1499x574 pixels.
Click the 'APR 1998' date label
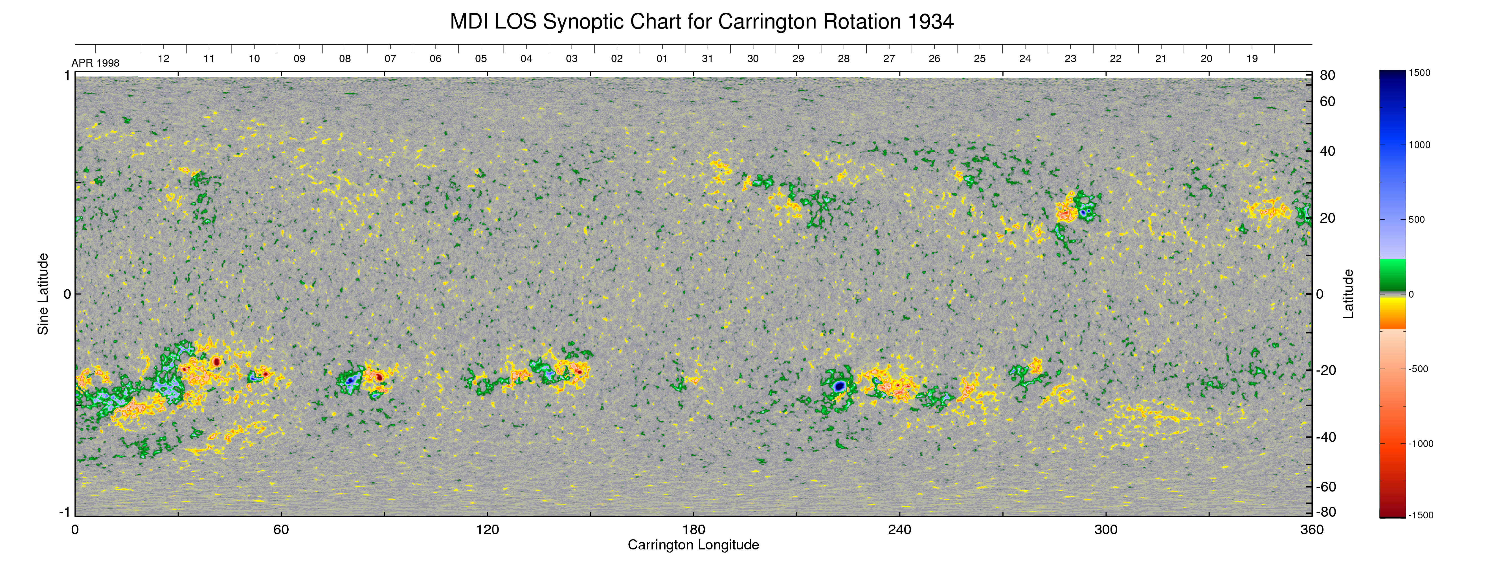point(95,63)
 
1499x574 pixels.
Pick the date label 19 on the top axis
point(1252,59)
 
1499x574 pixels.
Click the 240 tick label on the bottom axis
point(900,530)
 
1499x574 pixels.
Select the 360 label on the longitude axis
point(1312,530)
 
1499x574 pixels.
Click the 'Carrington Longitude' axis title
point(693,545)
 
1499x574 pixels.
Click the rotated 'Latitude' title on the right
point(1348,294)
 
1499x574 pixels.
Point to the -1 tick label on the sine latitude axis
point(65,512)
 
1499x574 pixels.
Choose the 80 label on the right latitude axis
point(1327,75)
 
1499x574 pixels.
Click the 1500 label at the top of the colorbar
point(1419,73)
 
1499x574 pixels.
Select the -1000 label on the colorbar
point(1421,444)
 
